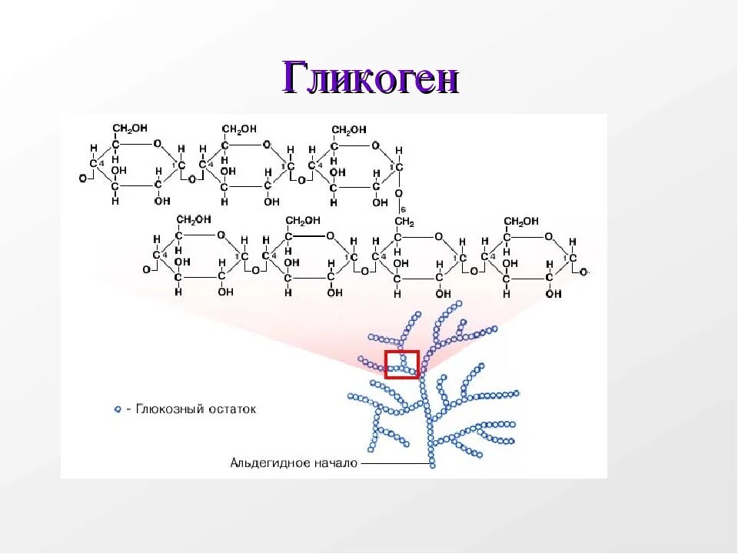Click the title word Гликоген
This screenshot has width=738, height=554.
pos(371,78)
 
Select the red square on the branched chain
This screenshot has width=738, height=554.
pos(402,364)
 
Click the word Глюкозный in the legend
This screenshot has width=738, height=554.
pos(165,409)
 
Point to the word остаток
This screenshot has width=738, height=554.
pos(231,409)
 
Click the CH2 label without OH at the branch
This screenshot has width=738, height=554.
pos(404,222)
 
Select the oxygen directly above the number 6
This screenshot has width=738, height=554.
pos(399,193)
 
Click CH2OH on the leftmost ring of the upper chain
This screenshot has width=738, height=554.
pos(130,128)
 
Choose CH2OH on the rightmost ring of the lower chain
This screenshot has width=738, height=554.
pos(521,222)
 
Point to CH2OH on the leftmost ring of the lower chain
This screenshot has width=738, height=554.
pos(193,220)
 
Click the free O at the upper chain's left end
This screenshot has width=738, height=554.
pos(82,178)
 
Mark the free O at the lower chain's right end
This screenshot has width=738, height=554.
pos(584,272)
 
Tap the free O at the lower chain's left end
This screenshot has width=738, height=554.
pos(146,270)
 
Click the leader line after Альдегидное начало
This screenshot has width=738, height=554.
pos(395,464)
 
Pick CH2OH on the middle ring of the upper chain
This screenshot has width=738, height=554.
pos(239,128)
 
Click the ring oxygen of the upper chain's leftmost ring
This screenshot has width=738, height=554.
pos(157,144)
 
